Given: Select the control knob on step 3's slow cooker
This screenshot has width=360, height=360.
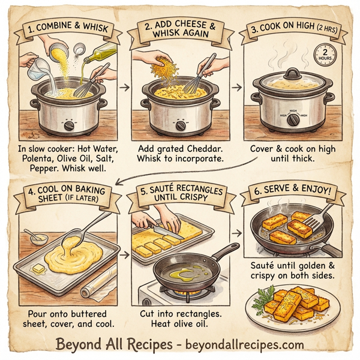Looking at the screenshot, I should pos(294,119).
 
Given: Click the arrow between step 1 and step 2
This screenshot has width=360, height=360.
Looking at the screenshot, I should pos(125,87).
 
